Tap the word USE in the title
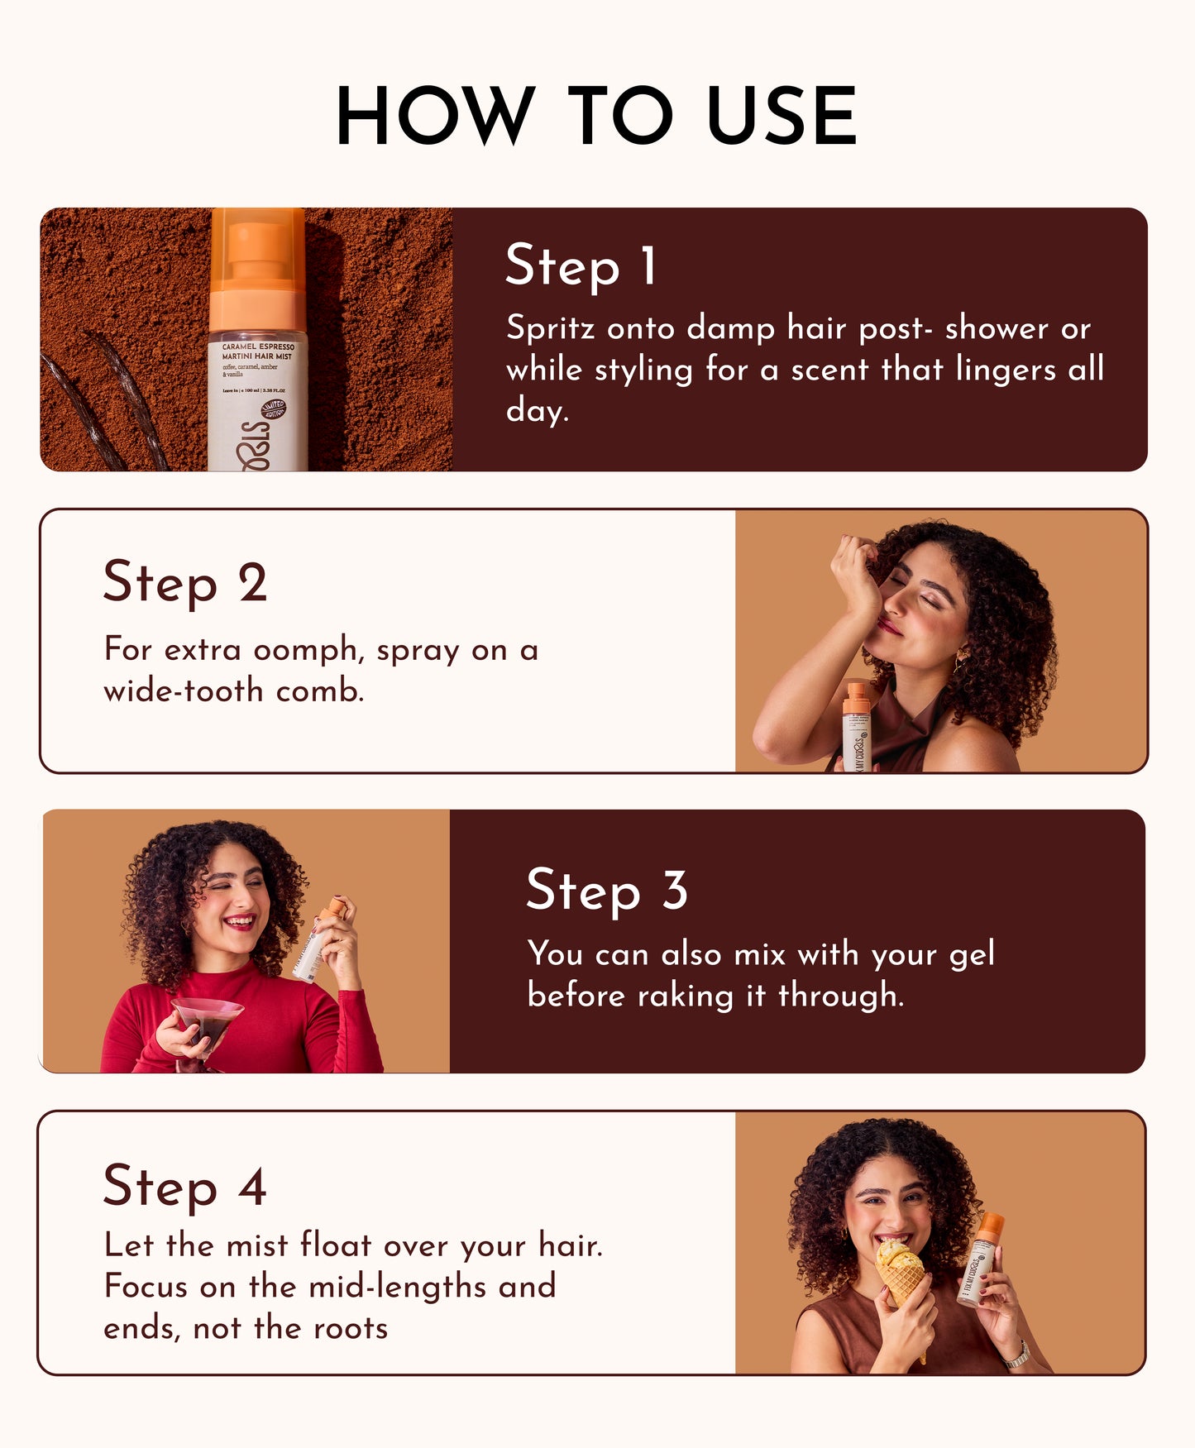click(x=781, y=116)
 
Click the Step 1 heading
click(x=581, y=266)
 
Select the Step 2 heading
click(x=185, y=582)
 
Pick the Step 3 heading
click(x=606, y=891)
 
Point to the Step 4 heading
click(x=184, y=1186)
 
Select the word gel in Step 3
click(x=971, y=955)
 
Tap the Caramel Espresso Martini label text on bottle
click(x=257, y=351)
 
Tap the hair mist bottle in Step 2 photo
click(x=856, y=728)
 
